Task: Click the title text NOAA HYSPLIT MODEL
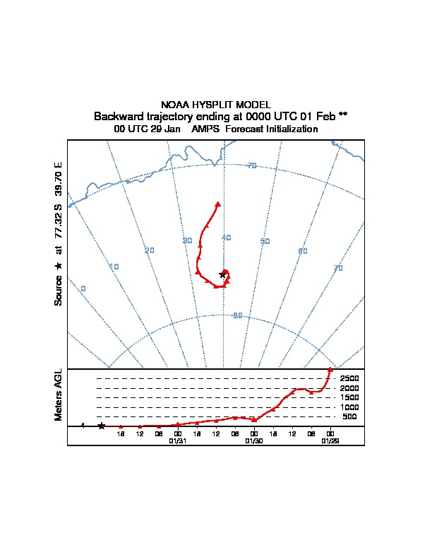pyautogui.click(x=215, y=105)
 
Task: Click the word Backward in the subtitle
pyautogui.click(x=116, y=116)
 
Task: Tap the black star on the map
pyautogui.click(x=222, y=274)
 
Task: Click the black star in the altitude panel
pyautogui.click(x=102, y=426)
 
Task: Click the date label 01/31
pyautogui.click(x=178, y=441)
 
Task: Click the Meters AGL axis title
pyautogui.click(x=59, y=395)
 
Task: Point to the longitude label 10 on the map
pyautogui.click(x=114, y=267)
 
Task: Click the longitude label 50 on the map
pyautogui.click(x=265, y=241)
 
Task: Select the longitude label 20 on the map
pyautogui.click(x=149, y=250)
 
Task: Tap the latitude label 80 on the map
pyautogui.click(x=238, y=315)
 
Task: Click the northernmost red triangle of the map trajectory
pyautogui.click(x=217, y=204)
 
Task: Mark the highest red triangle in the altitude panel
pyautogui.click(x=330, y=370)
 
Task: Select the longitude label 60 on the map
pyautogui.click(x=303, y=251)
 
